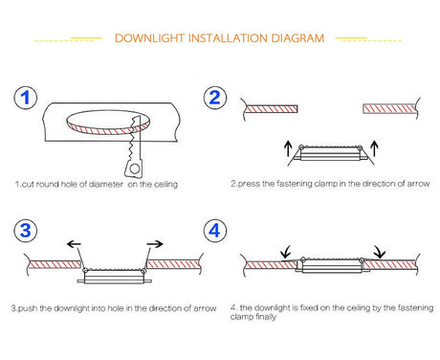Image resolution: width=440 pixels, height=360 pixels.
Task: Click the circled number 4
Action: [x=215, y=232]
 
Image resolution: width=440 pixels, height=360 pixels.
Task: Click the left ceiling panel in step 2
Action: [x=276, y=108]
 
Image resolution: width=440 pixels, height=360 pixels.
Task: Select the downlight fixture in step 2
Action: [x=330, y=153]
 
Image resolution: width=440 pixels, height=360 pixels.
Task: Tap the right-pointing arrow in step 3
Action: [x=156, y=245]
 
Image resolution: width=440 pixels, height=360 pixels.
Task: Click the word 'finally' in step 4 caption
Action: [x=267, y=318]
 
